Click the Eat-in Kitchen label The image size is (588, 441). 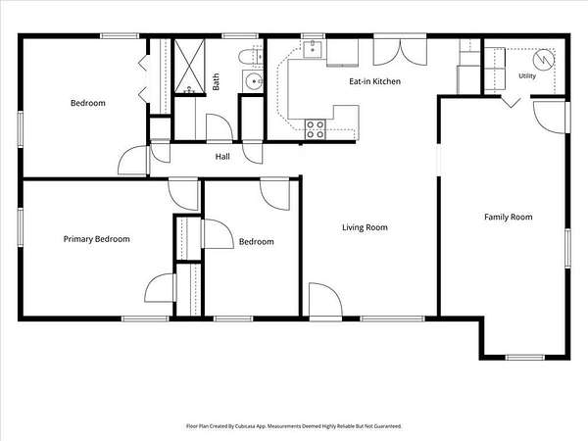(374, 81)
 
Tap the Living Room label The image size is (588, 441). (365, 227)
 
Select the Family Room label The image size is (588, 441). (508, 218)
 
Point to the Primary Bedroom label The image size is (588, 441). (97, 239)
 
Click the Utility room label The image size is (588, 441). (527, 76)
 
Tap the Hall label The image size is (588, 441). (222, 157)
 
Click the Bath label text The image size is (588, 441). (216, 81)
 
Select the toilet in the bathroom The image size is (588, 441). (251, 57)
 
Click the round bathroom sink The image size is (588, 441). (254, 81)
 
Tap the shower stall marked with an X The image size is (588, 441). (189, 66)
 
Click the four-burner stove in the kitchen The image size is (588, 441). (315, 129)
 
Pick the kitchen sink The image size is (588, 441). (313, 49)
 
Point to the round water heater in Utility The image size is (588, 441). (543, 59)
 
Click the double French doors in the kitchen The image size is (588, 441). (400, 51)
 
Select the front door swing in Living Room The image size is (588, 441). (325, 300)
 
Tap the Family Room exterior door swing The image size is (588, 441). (549, 117)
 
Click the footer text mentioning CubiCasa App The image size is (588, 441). (294, 426)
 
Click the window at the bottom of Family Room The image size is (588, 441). (525, 358)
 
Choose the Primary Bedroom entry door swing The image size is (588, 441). (183, 194)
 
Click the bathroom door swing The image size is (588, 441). (220, 127)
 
